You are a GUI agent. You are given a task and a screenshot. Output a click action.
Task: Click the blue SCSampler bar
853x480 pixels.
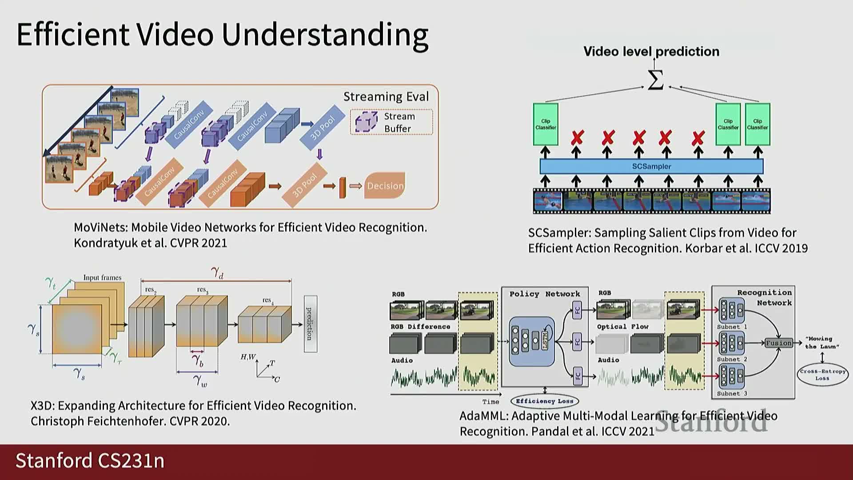click(651, 166)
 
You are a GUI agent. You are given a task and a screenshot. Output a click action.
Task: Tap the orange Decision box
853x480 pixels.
click(385, 186)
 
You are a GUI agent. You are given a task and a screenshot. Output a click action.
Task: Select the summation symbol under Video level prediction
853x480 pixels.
click(655, 80)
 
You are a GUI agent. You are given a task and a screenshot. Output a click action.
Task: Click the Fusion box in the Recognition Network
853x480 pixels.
click(778, 343)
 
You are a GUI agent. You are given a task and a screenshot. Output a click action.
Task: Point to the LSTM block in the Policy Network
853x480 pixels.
click(545, 340)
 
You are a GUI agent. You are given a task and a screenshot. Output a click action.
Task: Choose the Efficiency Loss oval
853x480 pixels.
click(545, 401)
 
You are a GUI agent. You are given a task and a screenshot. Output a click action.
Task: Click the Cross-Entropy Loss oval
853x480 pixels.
click(822, 375)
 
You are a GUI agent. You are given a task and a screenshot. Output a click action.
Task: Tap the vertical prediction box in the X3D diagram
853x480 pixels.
click(310, 324)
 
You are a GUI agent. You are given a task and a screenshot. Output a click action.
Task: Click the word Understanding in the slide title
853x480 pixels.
click(325, 34)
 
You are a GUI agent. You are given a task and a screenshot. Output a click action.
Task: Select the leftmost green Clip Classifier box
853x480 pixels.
click(546, 124)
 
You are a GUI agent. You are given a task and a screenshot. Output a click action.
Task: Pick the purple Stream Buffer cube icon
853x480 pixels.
click(366, 122)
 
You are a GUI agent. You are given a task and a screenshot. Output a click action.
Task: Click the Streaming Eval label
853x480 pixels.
click(386, 96)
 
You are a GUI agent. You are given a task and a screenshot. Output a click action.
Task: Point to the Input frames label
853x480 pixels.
click(102, 277)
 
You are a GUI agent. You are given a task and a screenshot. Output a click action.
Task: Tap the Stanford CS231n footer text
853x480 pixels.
click(90, 461)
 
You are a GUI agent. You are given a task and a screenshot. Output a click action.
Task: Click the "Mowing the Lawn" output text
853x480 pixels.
click(821, 342)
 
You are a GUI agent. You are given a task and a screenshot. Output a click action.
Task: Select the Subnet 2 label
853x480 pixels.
click(732, 359)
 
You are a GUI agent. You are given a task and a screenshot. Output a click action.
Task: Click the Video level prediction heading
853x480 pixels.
click(651, 52)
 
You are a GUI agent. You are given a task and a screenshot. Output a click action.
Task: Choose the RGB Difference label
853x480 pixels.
click(420, 327)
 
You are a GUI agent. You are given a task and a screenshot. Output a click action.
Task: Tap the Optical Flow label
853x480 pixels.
click(622, 327)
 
